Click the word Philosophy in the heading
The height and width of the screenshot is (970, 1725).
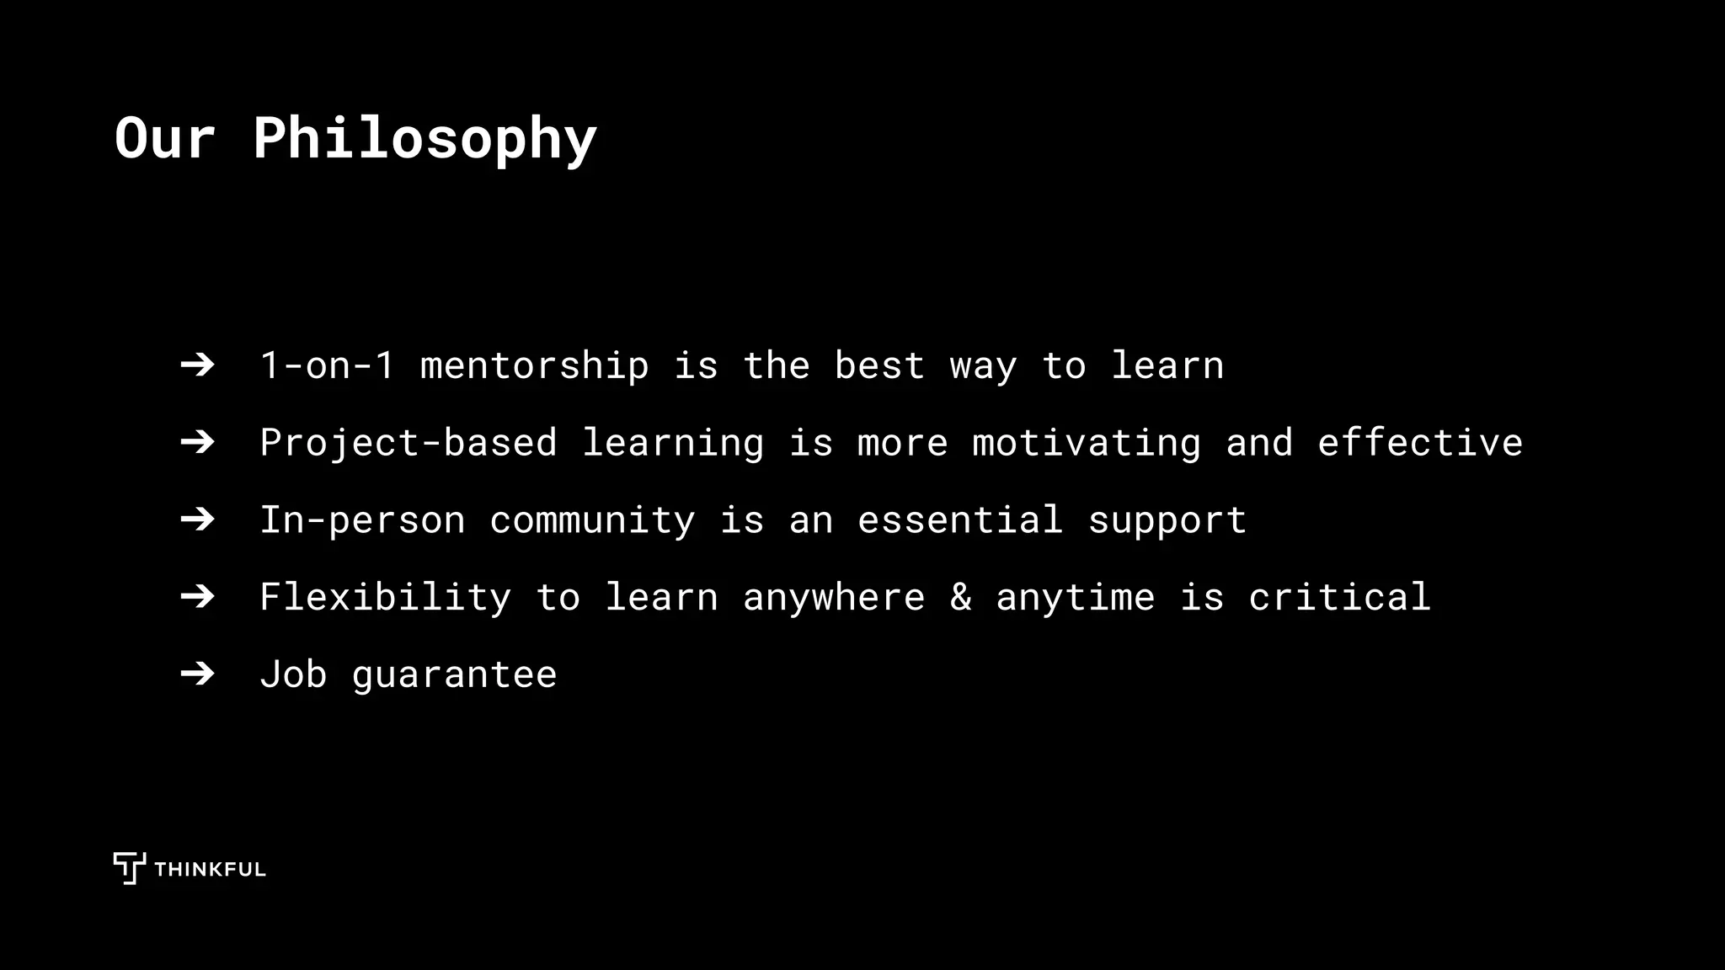click(x=425, y=139)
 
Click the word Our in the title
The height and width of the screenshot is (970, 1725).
click(x=165, y=139)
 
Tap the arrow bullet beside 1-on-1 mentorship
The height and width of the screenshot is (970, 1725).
click(x=197, y=365)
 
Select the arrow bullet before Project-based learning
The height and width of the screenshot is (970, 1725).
click(x=197, y=442)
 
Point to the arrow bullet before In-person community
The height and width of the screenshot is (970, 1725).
click(x=197, y=520)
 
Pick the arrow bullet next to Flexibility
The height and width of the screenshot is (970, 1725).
click(x=197, y=597)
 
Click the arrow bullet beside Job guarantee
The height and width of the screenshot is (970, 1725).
click(x=197, y=674)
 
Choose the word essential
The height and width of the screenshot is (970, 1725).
click(x=960, y=520)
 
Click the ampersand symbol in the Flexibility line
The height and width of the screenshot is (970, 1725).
click(x=960, y=597)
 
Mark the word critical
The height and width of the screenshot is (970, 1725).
click(x=1339, y=597)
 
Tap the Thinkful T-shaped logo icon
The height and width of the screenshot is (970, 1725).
click(x=129, y=867)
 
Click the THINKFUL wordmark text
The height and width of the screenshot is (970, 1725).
click(x=210, y=870)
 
